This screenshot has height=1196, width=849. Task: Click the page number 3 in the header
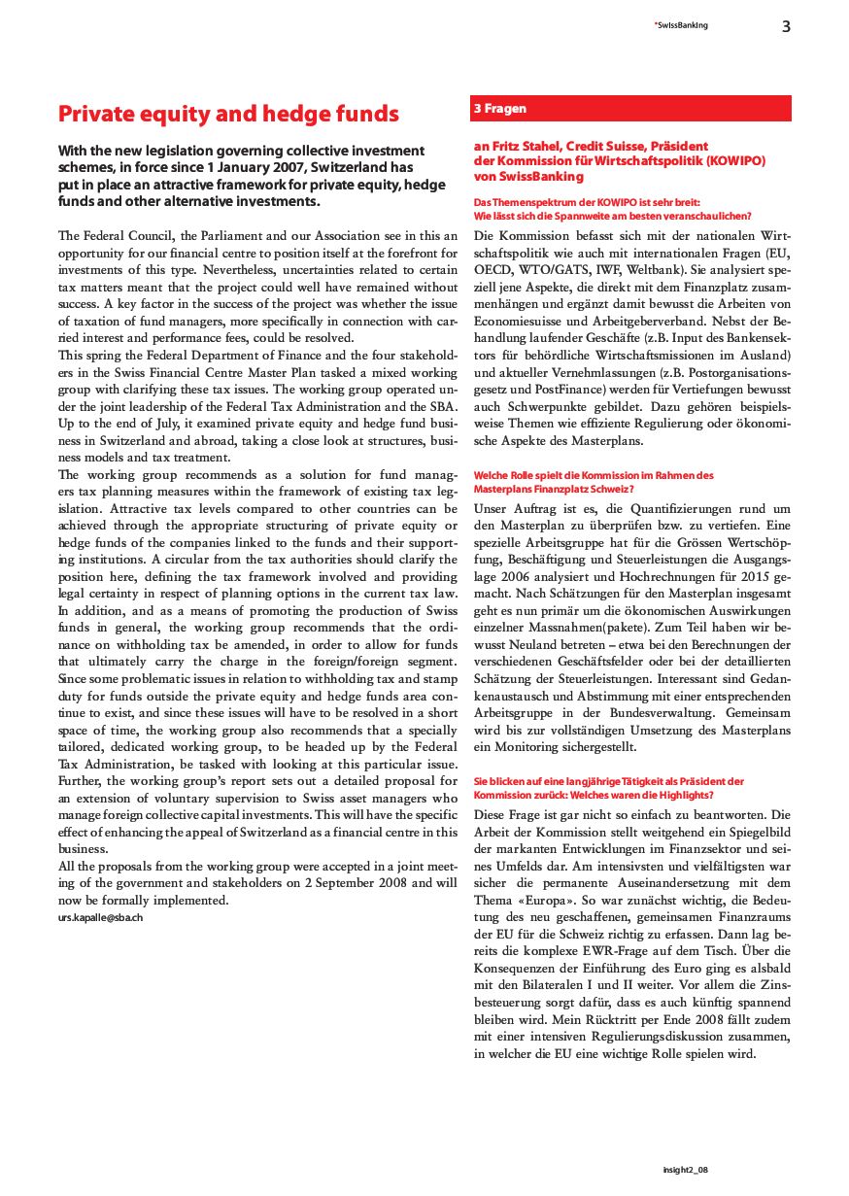click(x=786, y=26)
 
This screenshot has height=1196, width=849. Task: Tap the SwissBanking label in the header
click(x=680, y=25)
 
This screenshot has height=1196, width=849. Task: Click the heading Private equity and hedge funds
click(x=228, y=114)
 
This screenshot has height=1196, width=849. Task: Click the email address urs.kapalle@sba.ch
click(x=101, y=917)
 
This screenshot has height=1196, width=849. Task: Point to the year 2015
click(x=752, y=577)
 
